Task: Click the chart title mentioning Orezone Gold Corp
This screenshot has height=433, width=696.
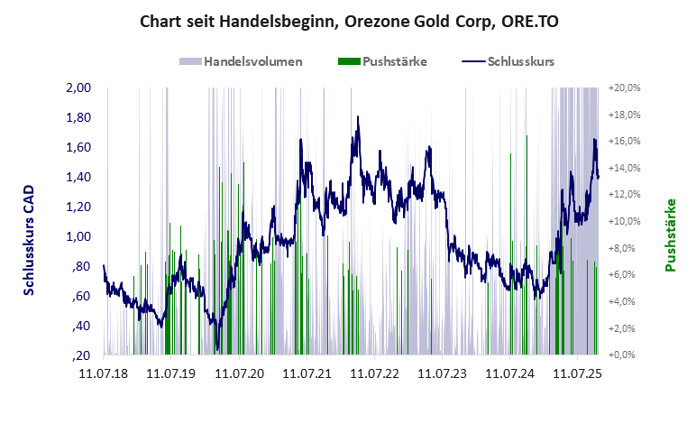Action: [349, 20]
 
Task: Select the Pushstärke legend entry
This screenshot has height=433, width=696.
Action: [394, 61]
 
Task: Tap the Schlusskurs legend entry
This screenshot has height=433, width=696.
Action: [520, 61]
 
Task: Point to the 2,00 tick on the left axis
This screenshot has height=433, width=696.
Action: [79, 88]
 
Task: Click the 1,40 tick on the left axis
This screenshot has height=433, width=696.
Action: [79, 177]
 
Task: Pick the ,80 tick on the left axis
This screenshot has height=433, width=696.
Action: [81, 266]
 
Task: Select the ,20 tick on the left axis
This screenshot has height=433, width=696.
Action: [81, 355]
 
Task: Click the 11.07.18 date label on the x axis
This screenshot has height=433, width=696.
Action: [104, 372]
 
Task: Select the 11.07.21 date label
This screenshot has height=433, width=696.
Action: [307, 372]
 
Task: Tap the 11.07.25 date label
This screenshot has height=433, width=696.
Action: [578, 372]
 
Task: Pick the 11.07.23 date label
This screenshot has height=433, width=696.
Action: [442, 372]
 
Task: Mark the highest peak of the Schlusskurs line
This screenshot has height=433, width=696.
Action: [358, 116]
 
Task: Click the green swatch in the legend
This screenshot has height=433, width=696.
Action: [348, 61]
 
